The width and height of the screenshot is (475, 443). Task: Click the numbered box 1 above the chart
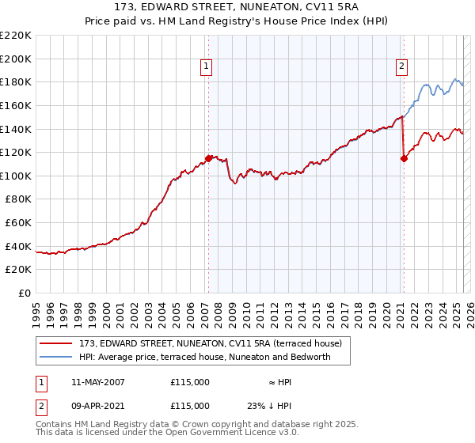(x=206, y=67)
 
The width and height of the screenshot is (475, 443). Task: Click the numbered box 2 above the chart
(x=402, y=67)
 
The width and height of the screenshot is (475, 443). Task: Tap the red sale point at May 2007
(x=208, y=158)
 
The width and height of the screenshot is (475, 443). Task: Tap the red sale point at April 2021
(x=404, y=158)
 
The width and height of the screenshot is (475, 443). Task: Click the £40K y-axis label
(x=18, y=246)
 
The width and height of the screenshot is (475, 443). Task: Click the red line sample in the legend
(x=56, y=343)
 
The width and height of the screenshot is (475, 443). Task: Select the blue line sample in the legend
(x=56, y=357)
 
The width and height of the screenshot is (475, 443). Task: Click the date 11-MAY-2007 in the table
(x=98, y=382)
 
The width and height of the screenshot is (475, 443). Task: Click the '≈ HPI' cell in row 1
(x=279, y=382)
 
